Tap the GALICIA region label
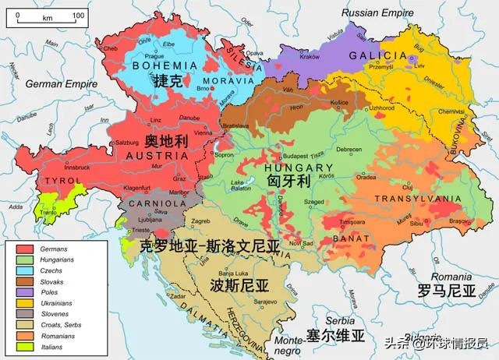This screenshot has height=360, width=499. pyautogui.click(x=378, y=55)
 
